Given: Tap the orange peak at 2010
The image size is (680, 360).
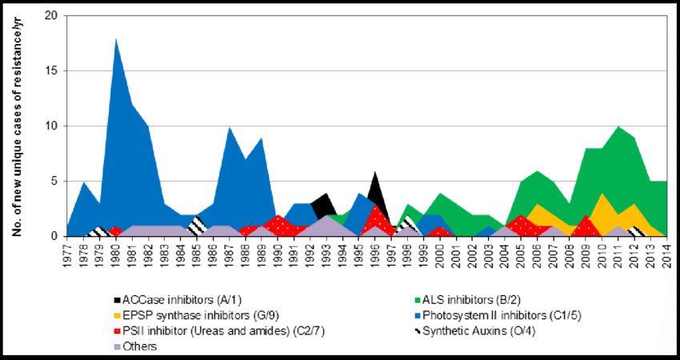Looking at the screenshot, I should pyautogui.click(x=602, y=194).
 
